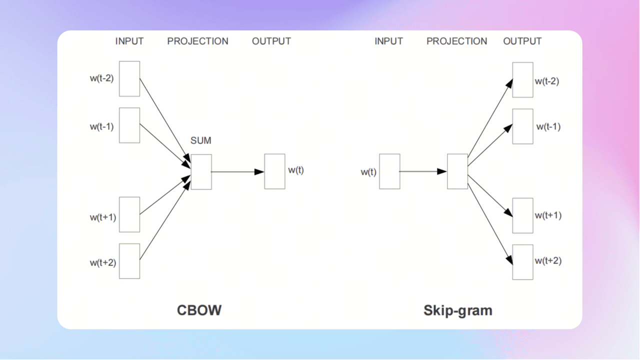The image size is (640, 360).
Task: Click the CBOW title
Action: (x=199, y=310)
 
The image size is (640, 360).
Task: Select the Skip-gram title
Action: (x=457, y=310)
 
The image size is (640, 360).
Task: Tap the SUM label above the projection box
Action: (x=201, y=141)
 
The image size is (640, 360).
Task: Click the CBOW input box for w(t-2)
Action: (x=129, y=78)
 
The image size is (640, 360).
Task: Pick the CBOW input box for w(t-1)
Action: (x=129, y=125)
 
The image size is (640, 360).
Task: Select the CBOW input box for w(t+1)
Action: (x=129, y=214)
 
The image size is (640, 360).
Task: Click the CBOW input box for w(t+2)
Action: (x=129, y=261)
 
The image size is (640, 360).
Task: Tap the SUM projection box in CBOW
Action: (x=201, y=171)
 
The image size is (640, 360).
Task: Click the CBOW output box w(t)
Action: (x=274, y=171)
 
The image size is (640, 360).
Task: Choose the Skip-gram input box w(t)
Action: (x=389, y=171)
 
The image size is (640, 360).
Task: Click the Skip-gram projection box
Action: (x=457, y=171)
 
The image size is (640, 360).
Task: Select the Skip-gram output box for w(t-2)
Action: (x=522, y=80)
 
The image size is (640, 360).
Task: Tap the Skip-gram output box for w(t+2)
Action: (x=522, y=262)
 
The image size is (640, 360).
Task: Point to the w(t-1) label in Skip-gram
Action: (x=548, y=127)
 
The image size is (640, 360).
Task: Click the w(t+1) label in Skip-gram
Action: (x=548, y=215)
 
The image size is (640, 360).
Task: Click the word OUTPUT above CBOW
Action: (x=271, y=41)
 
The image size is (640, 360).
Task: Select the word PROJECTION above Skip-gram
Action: (x=456, y=41)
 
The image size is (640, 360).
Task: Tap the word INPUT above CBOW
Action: (x=129, y=41)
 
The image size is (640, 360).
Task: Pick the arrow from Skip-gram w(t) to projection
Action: (x=423, y=171)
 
